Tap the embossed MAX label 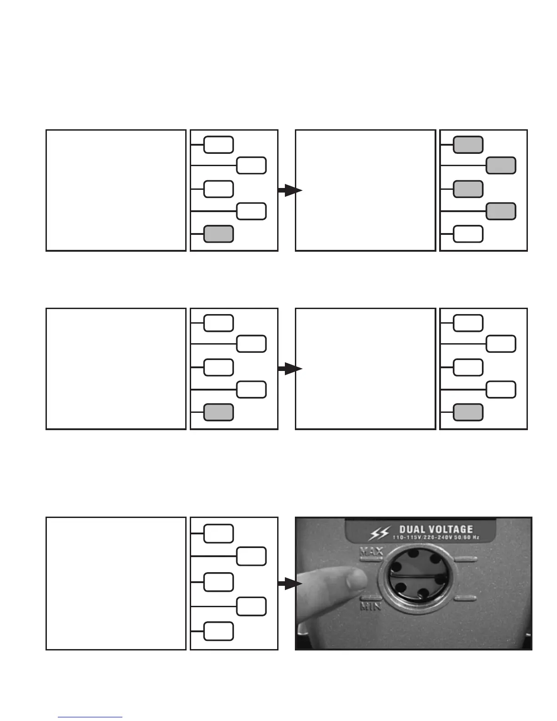pyautogui.click(x=371, y=552)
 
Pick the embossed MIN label pyautogui.click(x=371, y=606)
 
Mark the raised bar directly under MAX pyautogui.click(x=371, y=559)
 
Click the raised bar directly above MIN pyautogui.click(x=371, y=599)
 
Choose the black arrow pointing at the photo pyautogui.click(x=290, y=584)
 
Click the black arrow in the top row pyautogui.click(x=290, y=191)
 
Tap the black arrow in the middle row pyautogui.click(x=290, y=369)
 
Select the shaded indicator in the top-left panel pyautogui.click(x=218, y=234)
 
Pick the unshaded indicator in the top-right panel pyautogui.click(x=468, y=234)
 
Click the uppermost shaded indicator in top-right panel pyautogui.click(x=468, y=144)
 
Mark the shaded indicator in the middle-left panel pyautogui.click(x=218, y=412)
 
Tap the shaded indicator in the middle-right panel pyautogui.click(x=468, y=412)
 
